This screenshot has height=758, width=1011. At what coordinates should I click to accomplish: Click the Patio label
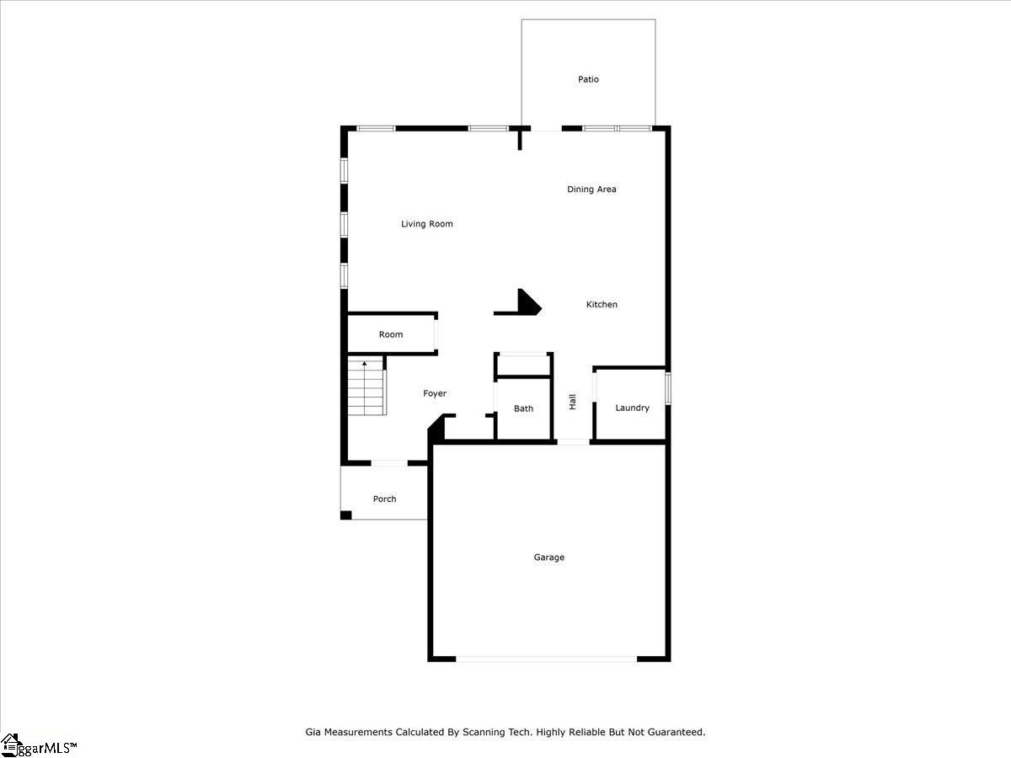click(x=588, y=79)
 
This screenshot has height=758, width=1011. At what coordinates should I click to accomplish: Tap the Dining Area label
click(x=591, y=189)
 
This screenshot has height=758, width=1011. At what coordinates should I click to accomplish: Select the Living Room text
click(x=427, y=224)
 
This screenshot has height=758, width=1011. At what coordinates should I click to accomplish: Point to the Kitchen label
click(x=602, y=304)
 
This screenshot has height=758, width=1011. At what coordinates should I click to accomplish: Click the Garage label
click(x=549, y=558)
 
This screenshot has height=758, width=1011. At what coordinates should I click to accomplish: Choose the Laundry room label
click(x=632, y=408)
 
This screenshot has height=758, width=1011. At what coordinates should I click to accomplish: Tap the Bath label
click(x=523, y=408)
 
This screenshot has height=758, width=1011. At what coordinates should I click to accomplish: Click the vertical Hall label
click(x=573, y=402)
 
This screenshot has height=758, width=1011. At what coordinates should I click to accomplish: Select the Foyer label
click(x=435, y=393)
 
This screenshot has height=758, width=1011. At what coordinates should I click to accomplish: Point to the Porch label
click(x=384, y=499)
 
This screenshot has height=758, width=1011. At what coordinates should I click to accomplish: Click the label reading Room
click(x=391, y=334)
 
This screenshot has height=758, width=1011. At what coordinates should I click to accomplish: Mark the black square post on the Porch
click(x=346, y=515)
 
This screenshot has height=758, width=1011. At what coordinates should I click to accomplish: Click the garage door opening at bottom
click(x=546, y=659)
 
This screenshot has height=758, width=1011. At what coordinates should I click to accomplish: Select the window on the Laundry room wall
click(x=668, y=388)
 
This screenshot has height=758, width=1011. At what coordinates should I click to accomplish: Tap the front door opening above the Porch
click(x=389, y=463)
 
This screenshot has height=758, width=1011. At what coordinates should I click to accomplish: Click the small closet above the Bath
click(x=524, y=366)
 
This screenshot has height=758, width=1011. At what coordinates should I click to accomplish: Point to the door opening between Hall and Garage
click(x=574, y=442)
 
